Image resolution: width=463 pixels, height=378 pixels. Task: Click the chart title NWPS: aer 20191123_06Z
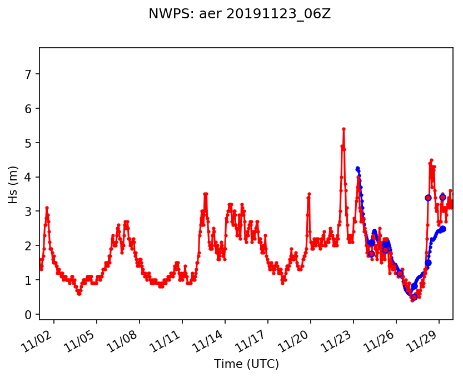[240, 14]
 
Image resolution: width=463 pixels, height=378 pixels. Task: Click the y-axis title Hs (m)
[13, 184]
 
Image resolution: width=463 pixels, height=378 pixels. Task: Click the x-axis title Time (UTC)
[246, 364]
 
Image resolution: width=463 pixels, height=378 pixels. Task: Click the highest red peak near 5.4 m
[343, 129]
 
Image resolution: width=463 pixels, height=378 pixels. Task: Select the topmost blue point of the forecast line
[357, 168]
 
